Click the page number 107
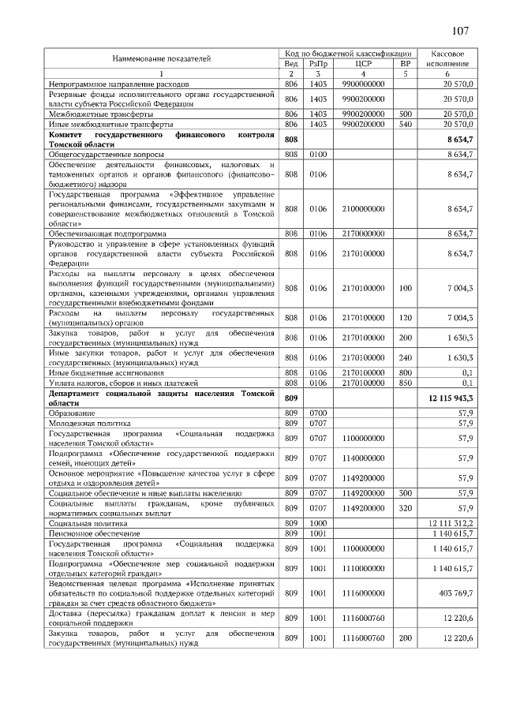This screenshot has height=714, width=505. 460,31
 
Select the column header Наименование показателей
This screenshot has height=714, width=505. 162,58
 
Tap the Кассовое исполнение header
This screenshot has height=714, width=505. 447,58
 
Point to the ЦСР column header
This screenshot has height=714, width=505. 364,63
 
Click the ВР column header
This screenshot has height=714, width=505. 406,63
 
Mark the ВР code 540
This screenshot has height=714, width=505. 406,125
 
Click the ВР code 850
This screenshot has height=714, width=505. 406,383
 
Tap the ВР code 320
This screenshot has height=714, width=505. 406,508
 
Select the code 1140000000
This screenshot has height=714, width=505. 364,458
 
